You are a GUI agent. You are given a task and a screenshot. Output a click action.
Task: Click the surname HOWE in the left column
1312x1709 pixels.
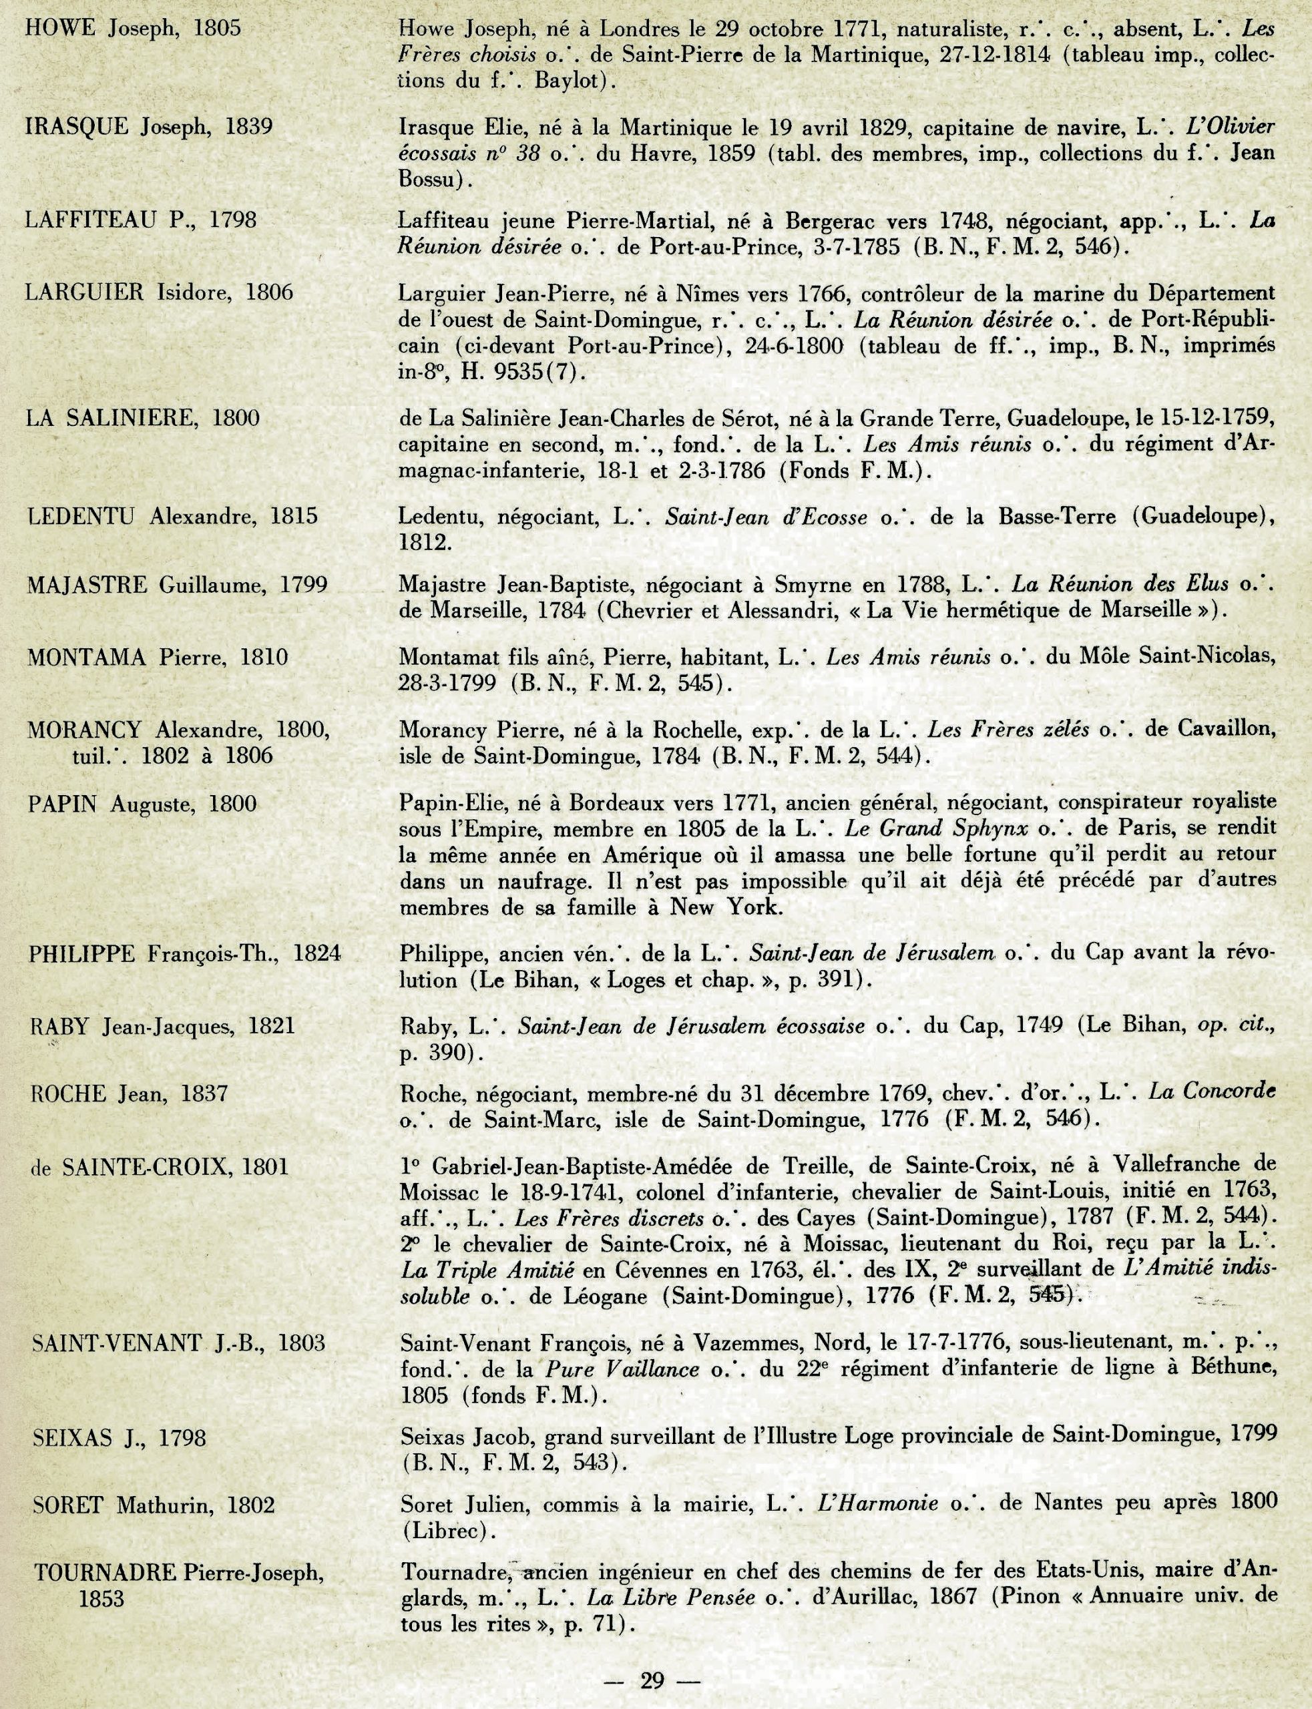click(x=59, y=29)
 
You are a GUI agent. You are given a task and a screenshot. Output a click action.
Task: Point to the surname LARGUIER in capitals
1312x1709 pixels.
click(x=84, y=293)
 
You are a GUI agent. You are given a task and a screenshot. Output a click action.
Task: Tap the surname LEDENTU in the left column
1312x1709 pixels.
click(x=80, y=516)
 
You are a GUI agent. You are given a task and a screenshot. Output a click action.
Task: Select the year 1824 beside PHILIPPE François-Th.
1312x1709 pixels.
click(x=316, y=954)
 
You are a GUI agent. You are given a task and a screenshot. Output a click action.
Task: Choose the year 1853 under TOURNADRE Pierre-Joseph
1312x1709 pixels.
click(x=101, y=1599)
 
